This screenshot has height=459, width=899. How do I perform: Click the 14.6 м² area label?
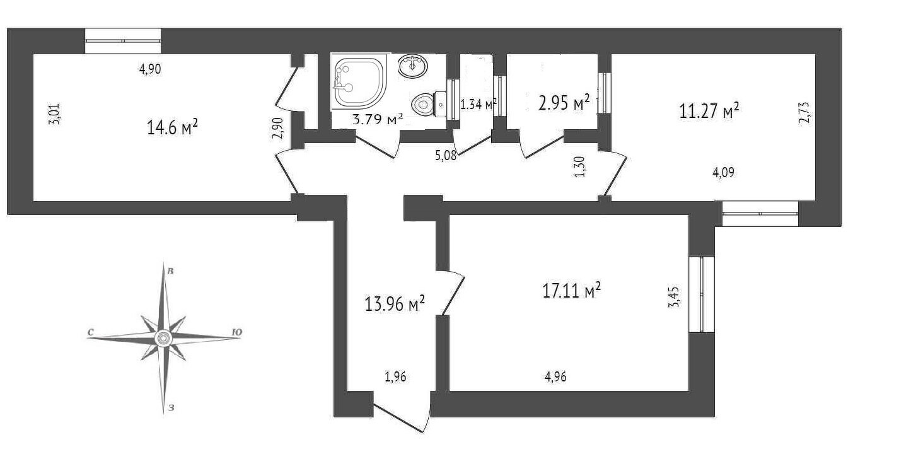pyautogui.click(x=173, y=127)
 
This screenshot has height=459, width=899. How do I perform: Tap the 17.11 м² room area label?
pyautogui.click(x=571, y=289)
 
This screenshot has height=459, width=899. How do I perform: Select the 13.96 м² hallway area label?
pyautogui.click(x=395, y=303)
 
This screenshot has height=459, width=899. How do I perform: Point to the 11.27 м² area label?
pyautogui.click(x=709, y=110)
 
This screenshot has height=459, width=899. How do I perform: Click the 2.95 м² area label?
pyautogui.click(x=564, y=103)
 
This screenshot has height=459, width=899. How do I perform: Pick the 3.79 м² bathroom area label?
pyautogui.click(x=377, y=119)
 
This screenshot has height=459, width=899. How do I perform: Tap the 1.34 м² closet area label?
pyautogui.click(x=478, y=105)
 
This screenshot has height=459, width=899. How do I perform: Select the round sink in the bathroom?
pyautogui.click(x=412, y=66)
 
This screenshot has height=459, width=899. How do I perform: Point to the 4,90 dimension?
pyautogui.click(x=150, y=69)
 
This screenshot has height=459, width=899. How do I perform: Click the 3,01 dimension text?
pyautogui.click(x=54, y=114)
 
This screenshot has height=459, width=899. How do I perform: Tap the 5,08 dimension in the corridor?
pyautogui.click(x=446, y=155)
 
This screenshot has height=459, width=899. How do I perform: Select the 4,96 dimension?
pyautogui.click(x=556, y=377)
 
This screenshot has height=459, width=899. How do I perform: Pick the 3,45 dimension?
pyautogui.click(x=675, y=297)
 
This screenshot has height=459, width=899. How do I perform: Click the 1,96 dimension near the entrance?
pyautogui.click(x=396, y=377)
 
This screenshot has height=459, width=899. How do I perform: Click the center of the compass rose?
pyautogui.click(x=164, y=339)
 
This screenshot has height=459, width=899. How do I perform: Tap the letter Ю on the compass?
pyautogui.click(x=237, y=332)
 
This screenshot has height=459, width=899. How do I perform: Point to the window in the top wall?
pyautogui.click(x=123, y=40)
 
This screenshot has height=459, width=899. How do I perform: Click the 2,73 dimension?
pyautogui.click(x=804, y=113)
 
